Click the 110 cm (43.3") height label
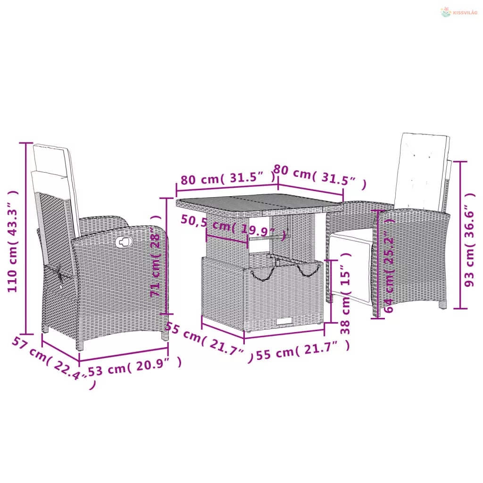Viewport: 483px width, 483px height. click(13, 241)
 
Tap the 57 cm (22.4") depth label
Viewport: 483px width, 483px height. click(53, 362)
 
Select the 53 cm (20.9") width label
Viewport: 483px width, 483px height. click(134, 366)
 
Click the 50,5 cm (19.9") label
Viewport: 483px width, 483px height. click(233, 227)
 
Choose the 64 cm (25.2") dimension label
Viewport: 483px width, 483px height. click(389, 265)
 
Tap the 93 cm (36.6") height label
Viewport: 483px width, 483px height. click(469, 240)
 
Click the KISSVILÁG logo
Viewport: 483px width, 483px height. click(459, 12)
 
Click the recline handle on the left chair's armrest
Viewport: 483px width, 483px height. click(124, 242)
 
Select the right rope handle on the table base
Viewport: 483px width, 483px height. click(308, 269)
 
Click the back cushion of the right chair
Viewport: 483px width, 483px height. click(422, 171)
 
